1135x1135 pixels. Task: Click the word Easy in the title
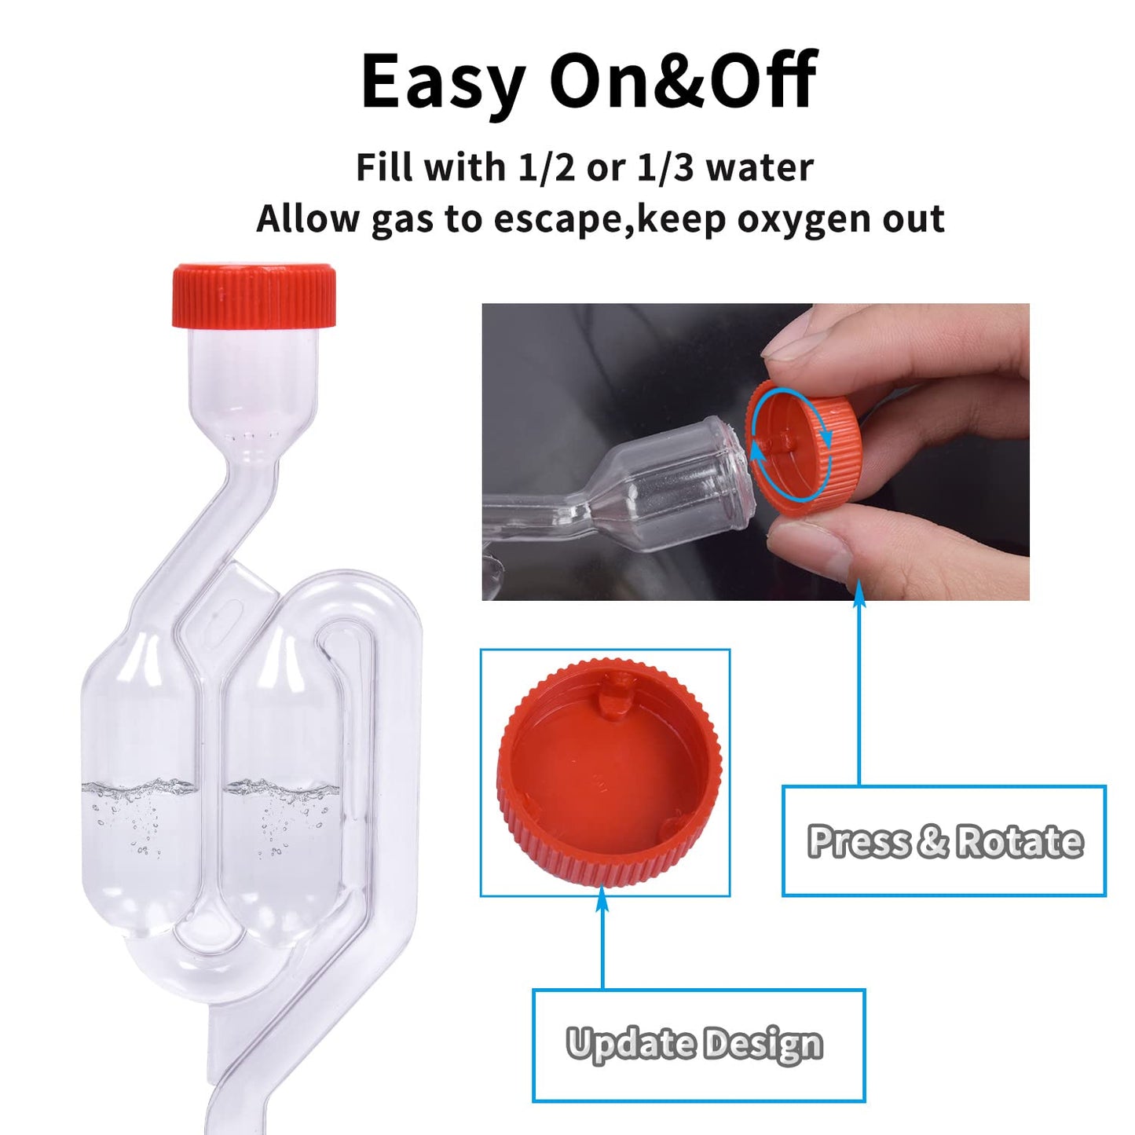[x=442, y=82]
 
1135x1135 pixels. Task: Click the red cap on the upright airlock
[x=254, y=295]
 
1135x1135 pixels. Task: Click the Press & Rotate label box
[x=944, y=840]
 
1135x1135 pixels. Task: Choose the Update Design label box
[x=698, y=1045]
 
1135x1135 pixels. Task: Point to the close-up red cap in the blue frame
[x=609, y=774]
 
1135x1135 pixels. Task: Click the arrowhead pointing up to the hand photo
[x=859, y=595]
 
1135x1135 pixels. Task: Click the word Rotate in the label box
[x=1020, y=841]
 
